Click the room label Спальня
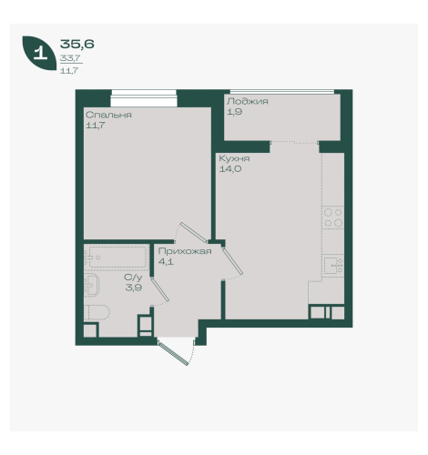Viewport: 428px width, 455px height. pos(108,115)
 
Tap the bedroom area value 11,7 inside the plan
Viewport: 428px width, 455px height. pos(96,126)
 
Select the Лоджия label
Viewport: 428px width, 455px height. pos(248,101)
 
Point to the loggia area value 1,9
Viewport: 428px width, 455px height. pos(234,112)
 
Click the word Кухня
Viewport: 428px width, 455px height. pos(234,158)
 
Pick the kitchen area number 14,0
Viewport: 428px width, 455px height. pos(230,169)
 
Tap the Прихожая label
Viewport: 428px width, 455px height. pos(185,251)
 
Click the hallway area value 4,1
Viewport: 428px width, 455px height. pos(166,261)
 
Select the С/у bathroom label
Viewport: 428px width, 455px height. pos(133,278)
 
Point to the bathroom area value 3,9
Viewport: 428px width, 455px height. pos(134,288)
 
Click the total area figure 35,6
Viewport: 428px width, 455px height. pos(77,45)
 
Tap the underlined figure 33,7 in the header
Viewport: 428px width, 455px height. pos(70,58)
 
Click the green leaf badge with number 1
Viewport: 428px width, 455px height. pos(39,53)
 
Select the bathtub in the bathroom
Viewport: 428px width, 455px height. pos(117,258)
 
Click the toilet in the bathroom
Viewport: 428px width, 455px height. pos(97,312)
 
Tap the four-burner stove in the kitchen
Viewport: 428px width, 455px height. pos(333,217)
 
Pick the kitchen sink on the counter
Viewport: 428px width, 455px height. pos(333,265)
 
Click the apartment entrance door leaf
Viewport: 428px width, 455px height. pos(173,353)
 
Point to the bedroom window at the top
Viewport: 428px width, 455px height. pos(144,98)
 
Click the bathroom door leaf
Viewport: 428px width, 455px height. pos(160,289)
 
